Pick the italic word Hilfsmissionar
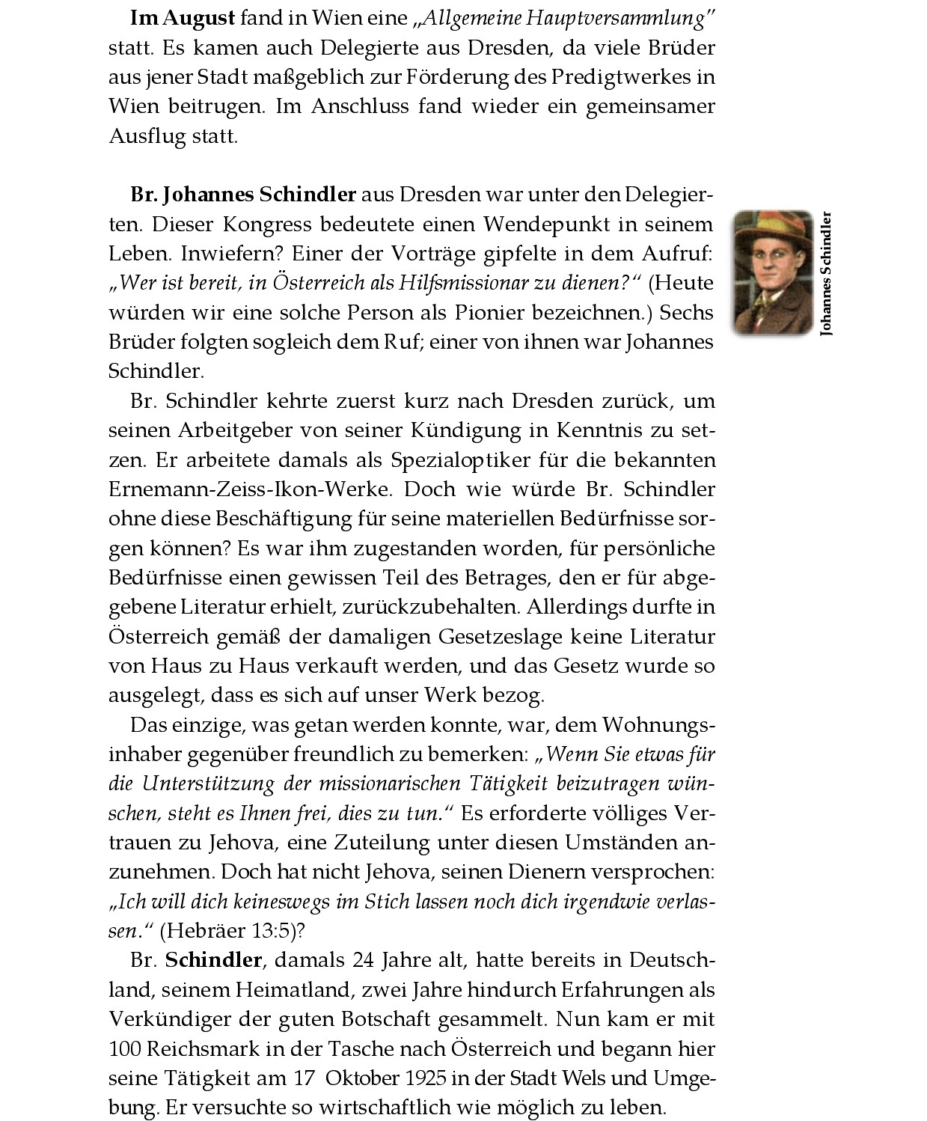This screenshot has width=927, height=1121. (x=472, y=283)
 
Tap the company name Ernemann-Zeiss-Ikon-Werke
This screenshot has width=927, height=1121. (x=250, y=489)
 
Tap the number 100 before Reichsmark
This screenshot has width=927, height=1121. (x=124, y=1048)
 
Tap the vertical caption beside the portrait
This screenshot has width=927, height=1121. (x=826, y=274)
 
